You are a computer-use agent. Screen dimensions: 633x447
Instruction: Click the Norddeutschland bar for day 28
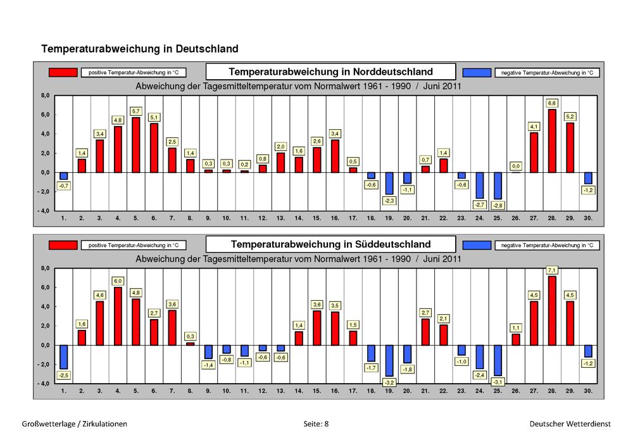click(x=552, y=141)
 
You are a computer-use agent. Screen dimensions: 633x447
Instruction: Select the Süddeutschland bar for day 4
click(x=118, y=316)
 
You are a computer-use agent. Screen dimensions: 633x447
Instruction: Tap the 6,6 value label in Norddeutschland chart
click(x=552, y=103)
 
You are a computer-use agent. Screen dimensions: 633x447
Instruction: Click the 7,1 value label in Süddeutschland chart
click(x=552, y=270)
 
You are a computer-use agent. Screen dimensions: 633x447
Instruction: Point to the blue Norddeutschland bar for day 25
click(x=498, y=186)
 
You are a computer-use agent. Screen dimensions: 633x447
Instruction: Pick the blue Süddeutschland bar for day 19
click(x=389, y=361)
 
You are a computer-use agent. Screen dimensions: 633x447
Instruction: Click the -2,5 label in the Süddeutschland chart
click(x=64, y=375)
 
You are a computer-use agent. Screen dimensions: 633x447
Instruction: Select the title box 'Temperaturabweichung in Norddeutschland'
click(x=330, y=72)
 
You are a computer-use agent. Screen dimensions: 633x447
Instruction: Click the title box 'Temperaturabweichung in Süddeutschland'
click(x=330, y=244)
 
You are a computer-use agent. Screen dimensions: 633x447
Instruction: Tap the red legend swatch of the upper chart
click(x=63, y=72)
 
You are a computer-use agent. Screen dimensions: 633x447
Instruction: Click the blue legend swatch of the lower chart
click(x=477, y=245)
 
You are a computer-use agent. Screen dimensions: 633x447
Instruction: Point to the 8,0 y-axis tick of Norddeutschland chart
click(x=45, y=96)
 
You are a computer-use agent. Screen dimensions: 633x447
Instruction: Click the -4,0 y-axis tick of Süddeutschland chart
click(x=44, y=383)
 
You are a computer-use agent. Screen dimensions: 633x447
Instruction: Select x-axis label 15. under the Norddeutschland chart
click(x=316, y=218)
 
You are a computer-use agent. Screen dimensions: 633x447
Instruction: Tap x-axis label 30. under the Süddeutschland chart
click(x=588, y=391)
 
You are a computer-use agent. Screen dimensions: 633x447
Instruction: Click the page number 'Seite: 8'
click(x=316, y=424)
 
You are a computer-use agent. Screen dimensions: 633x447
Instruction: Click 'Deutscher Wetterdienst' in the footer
click(x=570, y=424)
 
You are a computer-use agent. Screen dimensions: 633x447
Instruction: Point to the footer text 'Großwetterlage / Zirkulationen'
click(x=74, y=424)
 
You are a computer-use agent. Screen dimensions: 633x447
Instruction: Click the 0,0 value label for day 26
click(x=516, y=166)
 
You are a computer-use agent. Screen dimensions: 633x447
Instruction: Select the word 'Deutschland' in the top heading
click(x=207, y=49)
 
